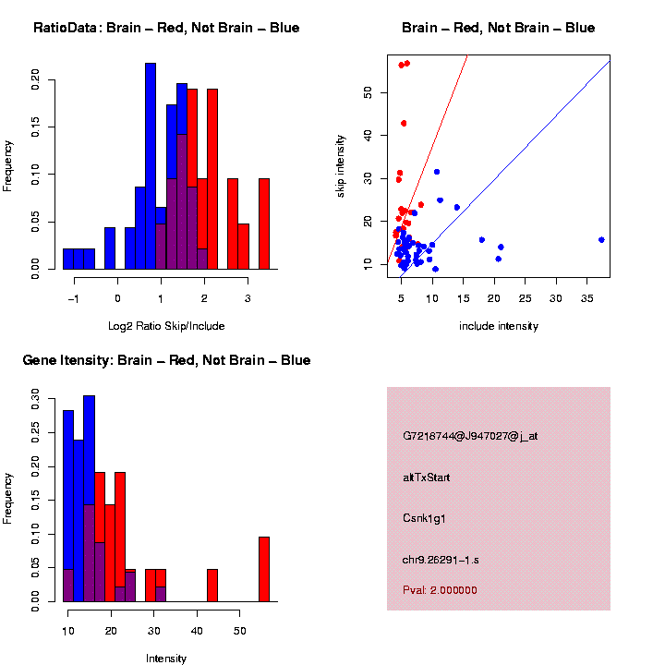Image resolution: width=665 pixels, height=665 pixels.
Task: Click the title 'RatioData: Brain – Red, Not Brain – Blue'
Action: (x=166, y=28)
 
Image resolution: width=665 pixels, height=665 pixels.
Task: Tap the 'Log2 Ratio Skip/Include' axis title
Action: (x=166, y=325)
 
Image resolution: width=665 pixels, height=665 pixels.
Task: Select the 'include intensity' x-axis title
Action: (x=499, y=325)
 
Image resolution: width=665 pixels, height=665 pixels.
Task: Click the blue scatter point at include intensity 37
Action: (x=601, y=239)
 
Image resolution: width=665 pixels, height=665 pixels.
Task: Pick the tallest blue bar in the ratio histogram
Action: (x=151, y=166)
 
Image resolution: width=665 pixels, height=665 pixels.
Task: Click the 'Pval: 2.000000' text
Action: (x=440, y=589)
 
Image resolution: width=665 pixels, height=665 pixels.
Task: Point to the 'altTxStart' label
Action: (x=427, y=478)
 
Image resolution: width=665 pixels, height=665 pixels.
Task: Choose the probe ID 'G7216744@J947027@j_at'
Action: (x=470, y=436)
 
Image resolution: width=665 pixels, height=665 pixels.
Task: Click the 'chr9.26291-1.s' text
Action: (x=441, y=560)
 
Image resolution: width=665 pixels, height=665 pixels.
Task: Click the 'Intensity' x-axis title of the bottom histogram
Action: (x=166, y=659)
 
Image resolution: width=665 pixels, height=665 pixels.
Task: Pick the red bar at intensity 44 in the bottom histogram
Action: (x=212, y=586)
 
